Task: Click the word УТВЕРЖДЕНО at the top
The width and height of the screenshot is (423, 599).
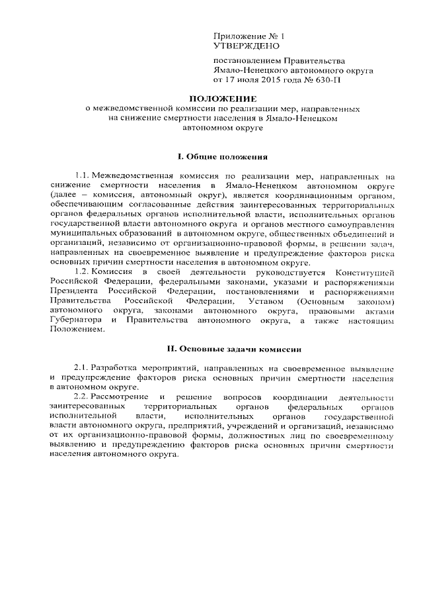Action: point(246,46)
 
